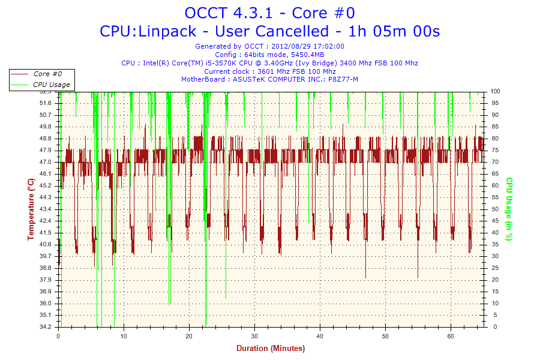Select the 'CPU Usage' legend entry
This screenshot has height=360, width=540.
click(51, 85)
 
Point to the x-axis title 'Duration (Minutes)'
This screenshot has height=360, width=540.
click(270, 349)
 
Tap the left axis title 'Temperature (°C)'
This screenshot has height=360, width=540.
click(31, 209)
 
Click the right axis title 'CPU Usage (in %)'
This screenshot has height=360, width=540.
click(509, 209)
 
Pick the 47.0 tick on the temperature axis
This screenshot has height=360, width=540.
click(46, 162)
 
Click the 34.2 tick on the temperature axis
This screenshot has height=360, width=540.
click(46, 327)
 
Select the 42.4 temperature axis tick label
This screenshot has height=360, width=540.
click(46, 221)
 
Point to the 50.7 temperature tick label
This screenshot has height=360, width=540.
click(46, 115)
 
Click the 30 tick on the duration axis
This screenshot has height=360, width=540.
click(254, 336)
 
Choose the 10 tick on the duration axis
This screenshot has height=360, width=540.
click(124, 336)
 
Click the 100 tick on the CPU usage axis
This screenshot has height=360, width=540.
click(496, 91)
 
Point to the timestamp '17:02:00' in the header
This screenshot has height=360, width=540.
click(328, 46)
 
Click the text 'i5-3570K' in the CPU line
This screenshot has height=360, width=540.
click(220, 63)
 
